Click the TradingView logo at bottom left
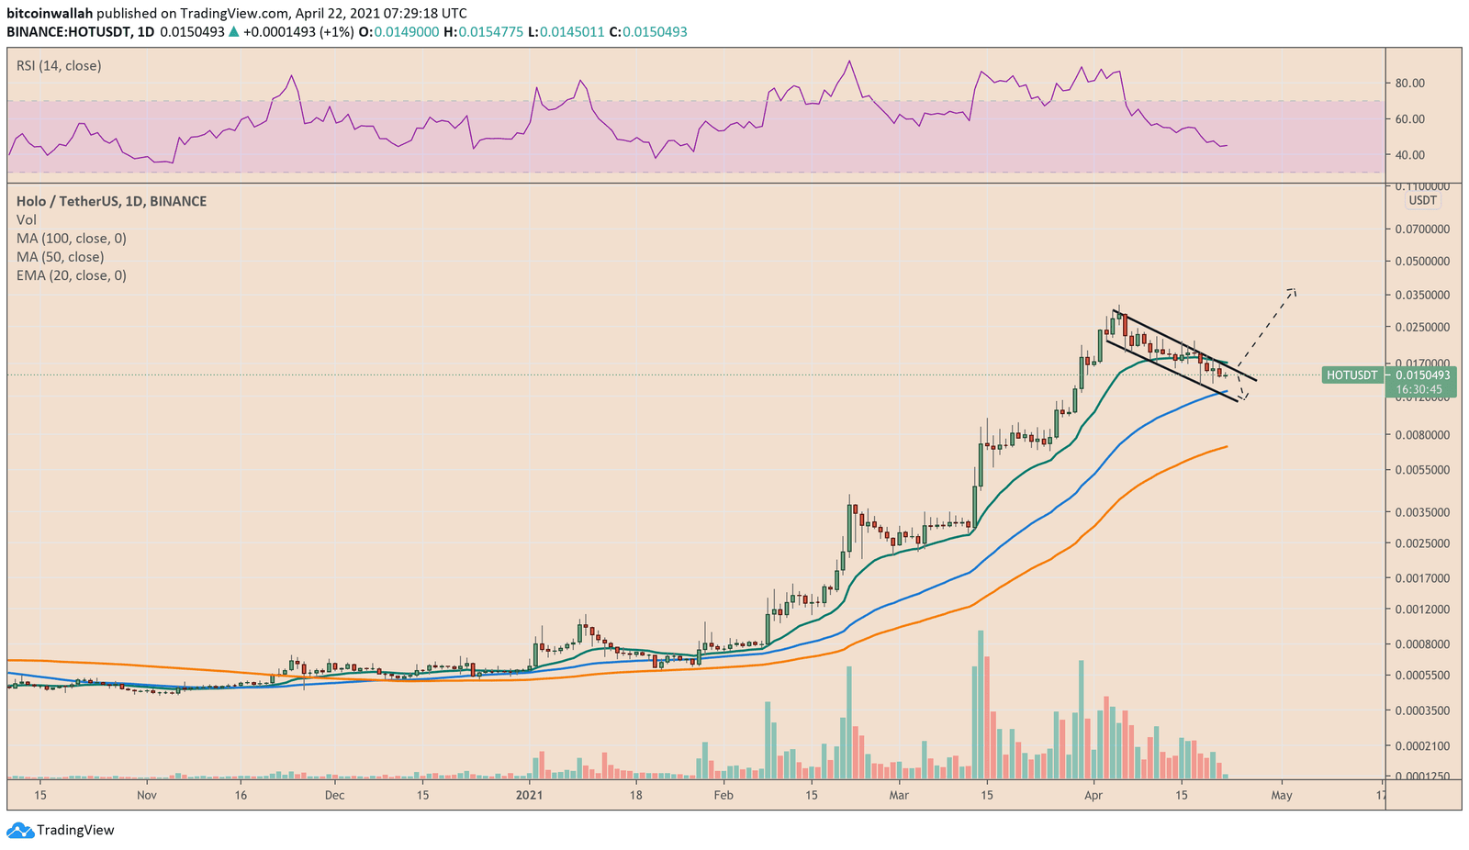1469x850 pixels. (x=61, y=830)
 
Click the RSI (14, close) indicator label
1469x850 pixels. (x=59, y=66)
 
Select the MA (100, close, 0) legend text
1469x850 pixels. (x=72, y=239)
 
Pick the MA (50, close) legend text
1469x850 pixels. (x=61, y=257)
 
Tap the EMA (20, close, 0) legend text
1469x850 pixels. (x=72, y=275)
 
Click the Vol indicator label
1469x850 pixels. (x=27, y=220)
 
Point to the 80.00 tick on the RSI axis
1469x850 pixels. (x=1409, y=84)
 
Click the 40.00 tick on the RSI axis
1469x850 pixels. (x=1409, y=155)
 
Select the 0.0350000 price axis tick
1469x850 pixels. (x=1424, y=296)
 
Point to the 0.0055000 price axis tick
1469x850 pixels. (x=1424, y=470)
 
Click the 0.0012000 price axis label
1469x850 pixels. (x=1424, y=610)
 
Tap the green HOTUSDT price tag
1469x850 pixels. (x=1352, y=375)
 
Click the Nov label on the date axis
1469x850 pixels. (x=146, y=795)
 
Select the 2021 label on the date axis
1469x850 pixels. (x=529, y=795)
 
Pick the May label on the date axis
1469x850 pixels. (x=1281, y=795)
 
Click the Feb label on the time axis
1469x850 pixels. (x=723, y=795)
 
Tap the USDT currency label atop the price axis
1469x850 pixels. (x=1422, y=201)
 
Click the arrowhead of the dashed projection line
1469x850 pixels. (x=1294, y=291)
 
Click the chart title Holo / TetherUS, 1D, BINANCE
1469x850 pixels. (x=111, y=201)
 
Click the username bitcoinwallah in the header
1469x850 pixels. (x=50, y=14)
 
